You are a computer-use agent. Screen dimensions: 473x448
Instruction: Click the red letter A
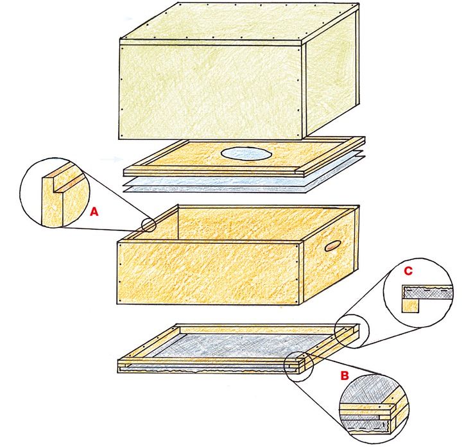[94, 212]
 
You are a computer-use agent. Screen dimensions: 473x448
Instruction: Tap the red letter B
[345, 375]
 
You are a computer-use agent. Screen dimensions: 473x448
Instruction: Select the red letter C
[408, 271]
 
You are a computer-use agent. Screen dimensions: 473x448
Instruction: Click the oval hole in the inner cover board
[246, 153]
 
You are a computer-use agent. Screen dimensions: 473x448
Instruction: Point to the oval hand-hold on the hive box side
[333, 246]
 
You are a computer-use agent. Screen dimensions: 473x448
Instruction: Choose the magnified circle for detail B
[374, 408]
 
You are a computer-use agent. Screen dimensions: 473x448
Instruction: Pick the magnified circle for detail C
[418, 293]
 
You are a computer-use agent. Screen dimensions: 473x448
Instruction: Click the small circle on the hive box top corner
[148, 225]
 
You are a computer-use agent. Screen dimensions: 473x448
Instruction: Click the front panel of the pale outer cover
[211, 92]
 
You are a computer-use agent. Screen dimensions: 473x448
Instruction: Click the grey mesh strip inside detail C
[427, 292]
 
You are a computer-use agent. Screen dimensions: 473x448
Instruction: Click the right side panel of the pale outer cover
[331, 76]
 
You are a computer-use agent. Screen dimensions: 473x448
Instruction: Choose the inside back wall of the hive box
[266, 223]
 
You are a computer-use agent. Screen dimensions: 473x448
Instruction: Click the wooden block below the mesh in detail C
[410, 305]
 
